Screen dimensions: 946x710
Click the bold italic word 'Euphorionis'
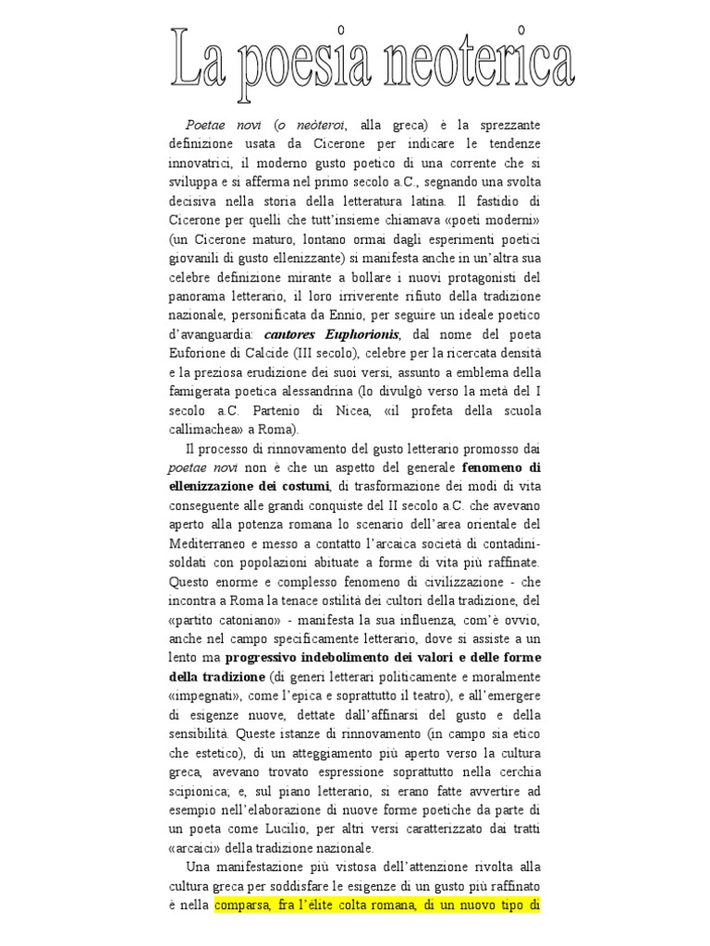click(x=361, y=334)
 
